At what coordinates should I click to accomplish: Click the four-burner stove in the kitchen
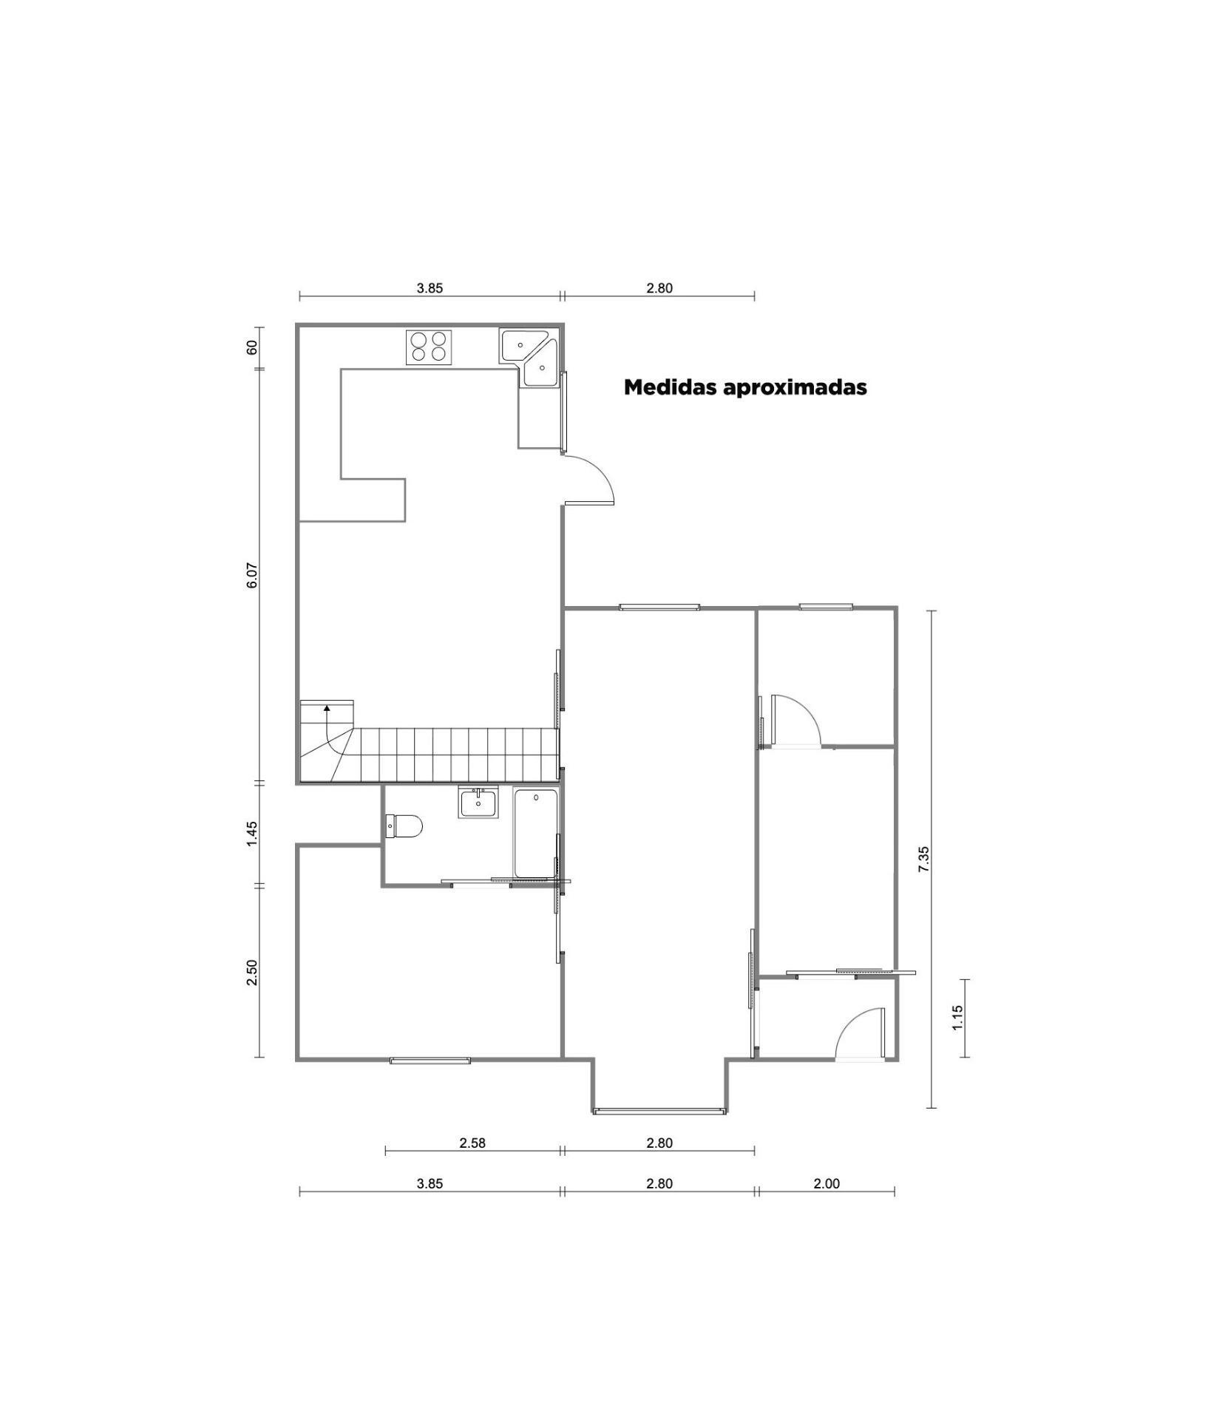[429, 347]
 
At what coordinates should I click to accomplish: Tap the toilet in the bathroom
[404, 826]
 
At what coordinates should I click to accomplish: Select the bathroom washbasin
[479, 802]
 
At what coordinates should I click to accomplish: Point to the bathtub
[535, 834]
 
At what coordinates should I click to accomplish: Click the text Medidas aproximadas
[745, 387]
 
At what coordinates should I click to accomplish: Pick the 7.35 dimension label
[923, 859]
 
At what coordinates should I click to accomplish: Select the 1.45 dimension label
[252, 833]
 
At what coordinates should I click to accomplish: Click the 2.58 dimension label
[472, 1143]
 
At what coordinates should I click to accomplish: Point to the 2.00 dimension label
[827, 1183]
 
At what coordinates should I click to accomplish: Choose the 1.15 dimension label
[958, 1018]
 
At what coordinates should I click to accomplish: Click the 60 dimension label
[252, 347]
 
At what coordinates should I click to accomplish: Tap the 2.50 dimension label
[252, 972]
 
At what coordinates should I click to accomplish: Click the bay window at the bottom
[659, 1110]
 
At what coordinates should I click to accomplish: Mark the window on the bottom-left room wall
[430, 1061]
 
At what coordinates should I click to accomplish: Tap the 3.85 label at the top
[430, 288]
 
